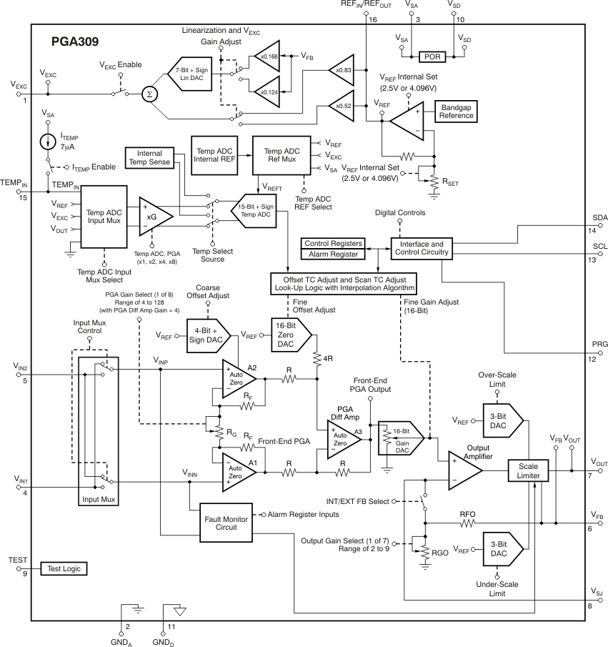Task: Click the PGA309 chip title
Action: pyautogui.click(x=74, y=41)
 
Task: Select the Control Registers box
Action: pyautogui.click(x=334, y=243)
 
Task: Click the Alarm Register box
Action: pyautogui.click(x=334, y=254)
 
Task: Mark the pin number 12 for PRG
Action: pyautogui.click(x=592, y=359)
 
